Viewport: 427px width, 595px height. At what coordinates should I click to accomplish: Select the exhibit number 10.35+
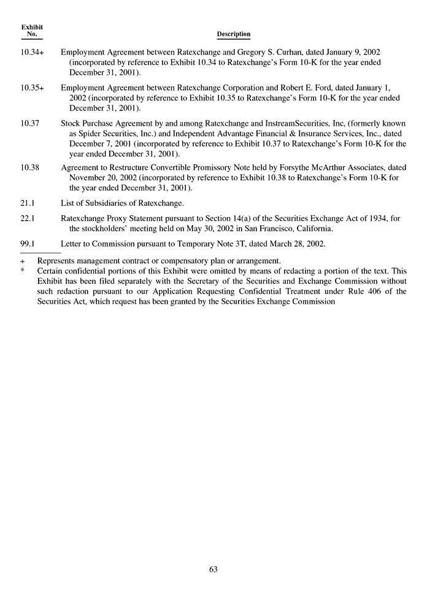coord(32,88)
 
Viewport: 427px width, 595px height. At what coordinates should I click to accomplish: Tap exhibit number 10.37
coord(30,123)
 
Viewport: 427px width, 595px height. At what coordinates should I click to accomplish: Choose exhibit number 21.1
coord(28,203)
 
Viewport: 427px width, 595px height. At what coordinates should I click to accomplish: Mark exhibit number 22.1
coord(28,218)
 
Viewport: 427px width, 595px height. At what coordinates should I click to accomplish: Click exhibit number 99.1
coord(28,244)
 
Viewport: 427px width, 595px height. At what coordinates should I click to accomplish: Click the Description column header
coord(234,34)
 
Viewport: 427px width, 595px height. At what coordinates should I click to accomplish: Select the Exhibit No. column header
coord(32,31)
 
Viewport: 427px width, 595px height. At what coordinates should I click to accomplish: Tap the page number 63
coord(213,569)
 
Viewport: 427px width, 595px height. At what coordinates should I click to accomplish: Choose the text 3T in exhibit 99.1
coord(242,244)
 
